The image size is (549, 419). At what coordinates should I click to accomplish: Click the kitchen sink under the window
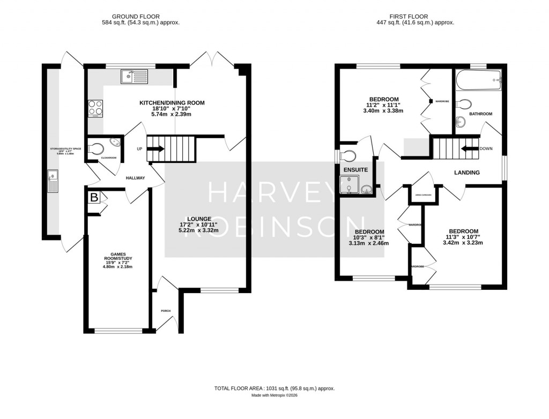135,77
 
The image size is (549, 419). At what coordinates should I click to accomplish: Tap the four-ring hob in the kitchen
95,108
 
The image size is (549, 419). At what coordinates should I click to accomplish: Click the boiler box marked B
94,198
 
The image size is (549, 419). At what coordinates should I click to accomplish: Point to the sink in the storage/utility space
54,181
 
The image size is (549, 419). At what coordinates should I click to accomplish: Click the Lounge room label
199,219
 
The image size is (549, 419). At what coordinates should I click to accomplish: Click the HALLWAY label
135,178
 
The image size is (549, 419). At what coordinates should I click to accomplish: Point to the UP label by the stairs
139,148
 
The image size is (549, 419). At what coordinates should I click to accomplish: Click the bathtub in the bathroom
478,81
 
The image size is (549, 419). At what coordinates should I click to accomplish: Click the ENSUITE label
355,170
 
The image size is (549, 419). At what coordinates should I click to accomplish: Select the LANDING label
466,173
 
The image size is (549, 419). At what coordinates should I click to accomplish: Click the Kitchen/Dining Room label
172,103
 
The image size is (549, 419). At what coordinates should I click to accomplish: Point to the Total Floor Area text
274,388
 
